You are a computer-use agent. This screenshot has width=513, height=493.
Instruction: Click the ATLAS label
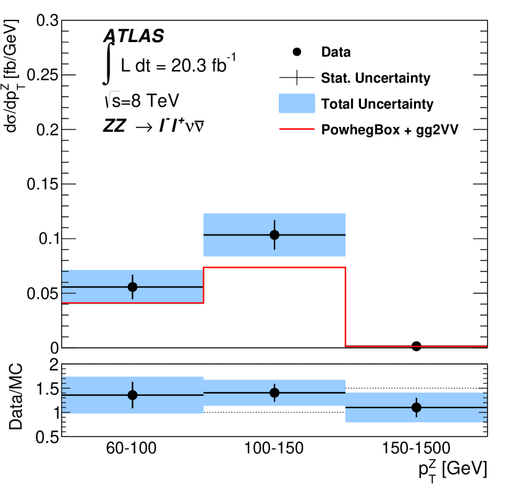[x=133, y=36]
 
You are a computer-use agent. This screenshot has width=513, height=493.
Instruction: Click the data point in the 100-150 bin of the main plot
[x=274, y=235]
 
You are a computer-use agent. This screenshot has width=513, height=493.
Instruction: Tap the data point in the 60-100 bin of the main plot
[x=132, y=287]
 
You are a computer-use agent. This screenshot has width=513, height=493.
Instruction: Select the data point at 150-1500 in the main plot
[x=416, y=346]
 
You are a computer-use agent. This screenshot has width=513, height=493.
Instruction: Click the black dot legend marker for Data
[x=297, y=52]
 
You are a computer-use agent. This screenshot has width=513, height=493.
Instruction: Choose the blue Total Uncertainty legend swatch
[x=297, y=103]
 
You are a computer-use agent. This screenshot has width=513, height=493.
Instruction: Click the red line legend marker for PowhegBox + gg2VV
[x=297, y=130]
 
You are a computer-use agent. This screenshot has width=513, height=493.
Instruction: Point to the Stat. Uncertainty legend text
[x=376, y=78]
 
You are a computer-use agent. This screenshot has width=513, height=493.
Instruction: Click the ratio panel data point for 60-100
[x=132, y=395]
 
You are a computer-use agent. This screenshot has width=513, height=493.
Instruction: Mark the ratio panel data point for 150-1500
[x=416, y=407]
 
